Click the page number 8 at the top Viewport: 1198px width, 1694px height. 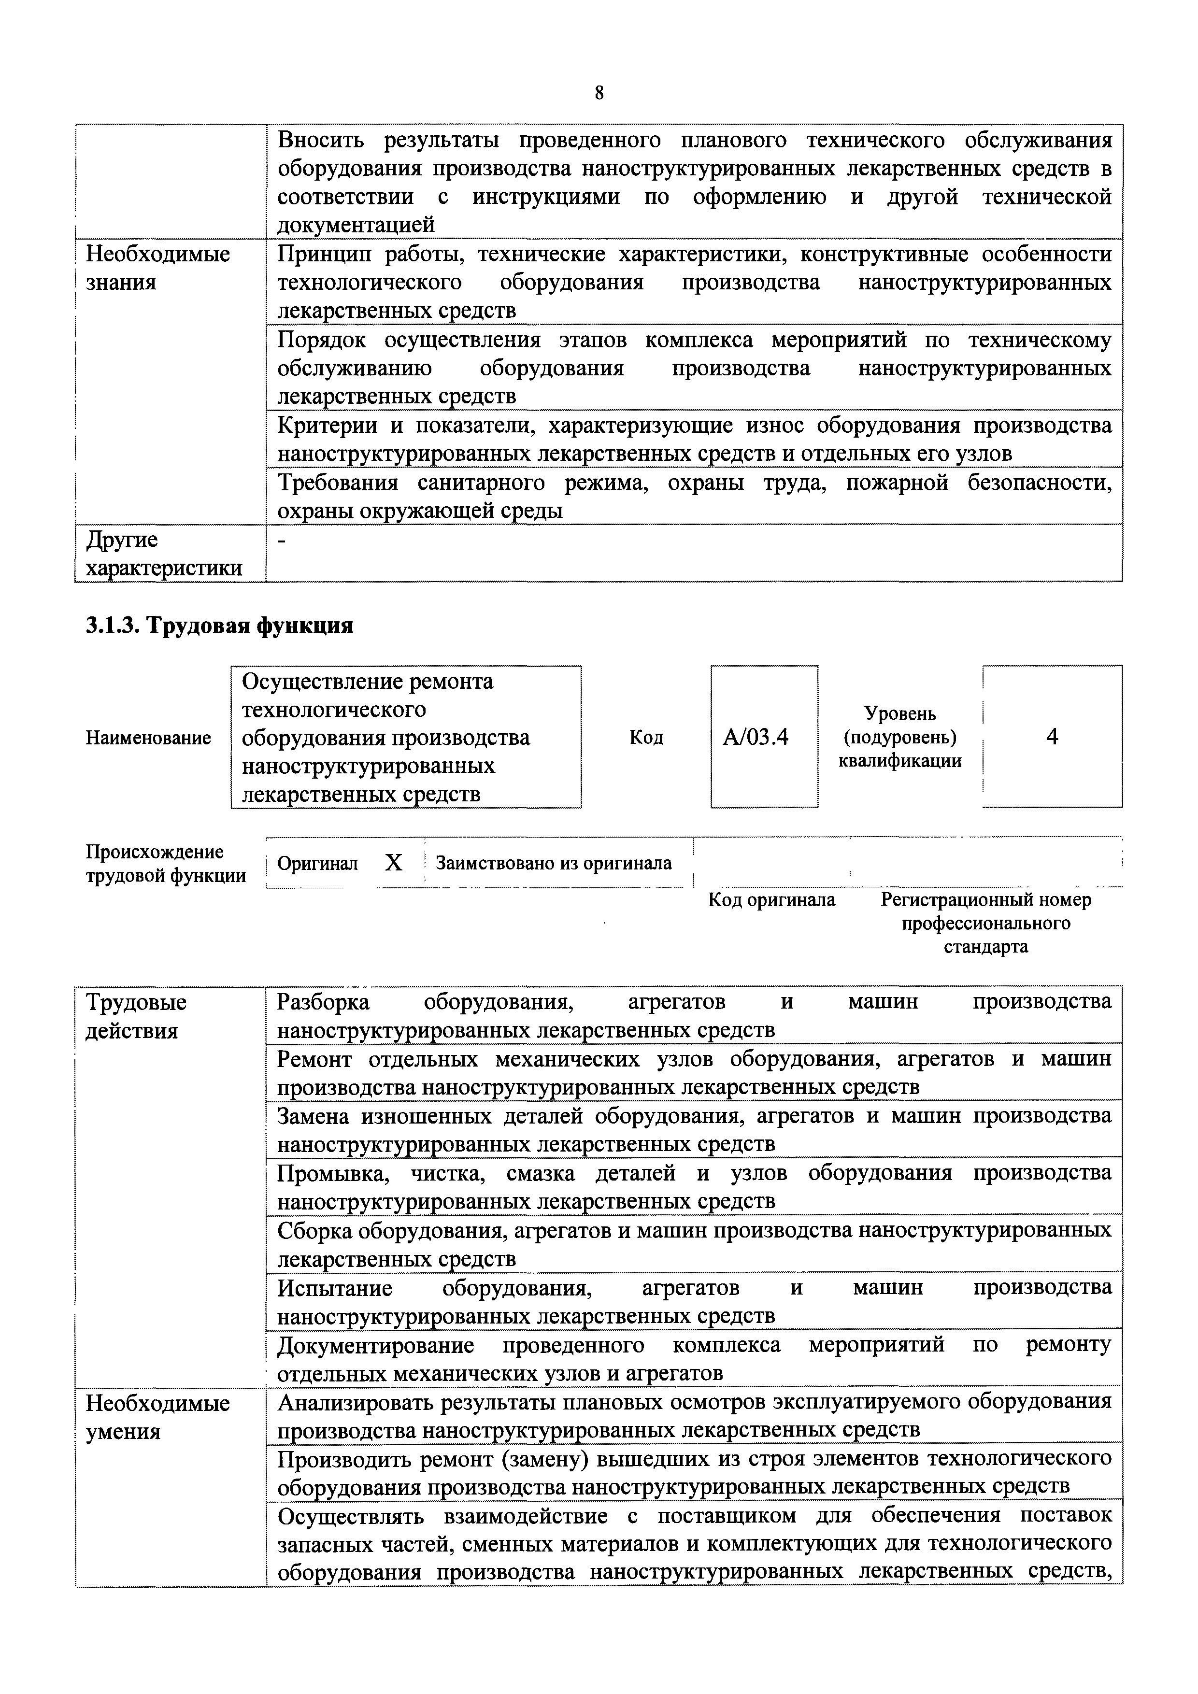[599, 93]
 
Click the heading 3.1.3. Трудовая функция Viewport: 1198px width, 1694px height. [219, 626]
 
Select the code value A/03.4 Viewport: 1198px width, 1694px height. [756, 737]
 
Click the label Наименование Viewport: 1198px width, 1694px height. [148, 738]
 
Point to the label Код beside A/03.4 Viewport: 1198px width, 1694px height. [646, 738]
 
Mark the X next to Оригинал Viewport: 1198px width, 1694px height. [394, 863]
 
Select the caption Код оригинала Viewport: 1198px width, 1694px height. [771, 900]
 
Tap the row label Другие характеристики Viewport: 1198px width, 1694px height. [164, 554]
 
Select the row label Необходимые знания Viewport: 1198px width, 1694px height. [158, 268]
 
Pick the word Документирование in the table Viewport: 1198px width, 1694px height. [375, 1345]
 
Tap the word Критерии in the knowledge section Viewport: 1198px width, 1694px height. [325, 426]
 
